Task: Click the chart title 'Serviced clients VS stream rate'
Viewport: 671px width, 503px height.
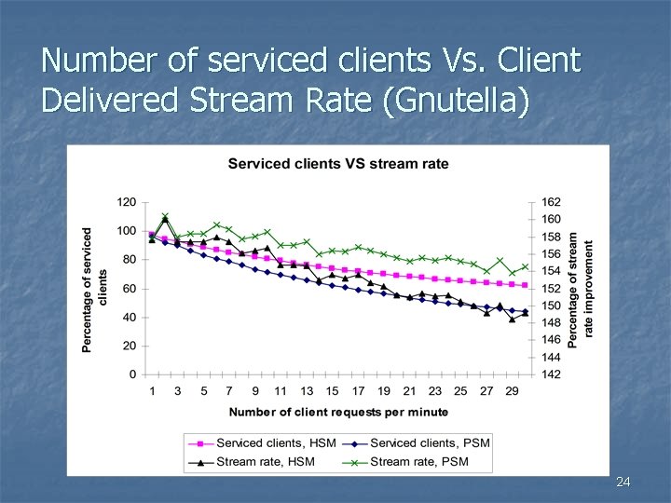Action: (x=338, y=164)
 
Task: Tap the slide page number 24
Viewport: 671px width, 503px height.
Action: (x=623, y=482)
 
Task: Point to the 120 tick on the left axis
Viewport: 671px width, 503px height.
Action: (x=126, y=202)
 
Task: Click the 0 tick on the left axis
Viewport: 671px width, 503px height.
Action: (x=132, y=374)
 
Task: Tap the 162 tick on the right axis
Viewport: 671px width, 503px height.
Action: (x=551, y=202)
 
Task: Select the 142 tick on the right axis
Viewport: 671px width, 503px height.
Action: (x=551, y=374)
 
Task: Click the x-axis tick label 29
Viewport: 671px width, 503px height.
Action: (x=512, y=391)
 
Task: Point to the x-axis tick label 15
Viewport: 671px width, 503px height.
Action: (x=332, y=391)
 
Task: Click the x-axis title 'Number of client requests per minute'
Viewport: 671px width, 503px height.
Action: (x=338, y=412)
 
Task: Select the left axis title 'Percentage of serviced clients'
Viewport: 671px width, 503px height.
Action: (x=94, y=289)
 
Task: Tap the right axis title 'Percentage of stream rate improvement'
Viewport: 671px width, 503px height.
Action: (x=580, y=289)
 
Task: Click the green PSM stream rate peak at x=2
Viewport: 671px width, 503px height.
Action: (x=165, y=216)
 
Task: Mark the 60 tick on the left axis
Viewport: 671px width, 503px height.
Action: (x=129, y=289)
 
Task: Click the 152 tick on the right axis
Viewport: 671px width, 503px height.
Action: (x=551, y=289)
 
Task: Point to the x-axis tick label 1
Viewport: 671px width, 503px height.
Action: (x=152, y=391)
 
